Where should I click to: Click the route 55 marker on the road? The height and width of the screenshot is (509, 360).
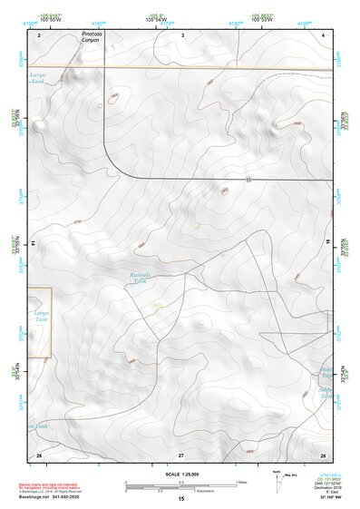point(248,178)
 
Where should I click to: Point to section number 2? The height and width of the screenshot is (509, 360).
point(40,34)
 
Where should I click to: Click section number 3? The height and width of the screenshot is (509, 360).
point(182,34)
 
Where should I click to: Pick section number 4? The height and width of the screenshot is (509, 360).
point(323,34)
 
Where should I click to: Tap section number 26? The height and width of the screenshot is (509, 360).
point(39,453)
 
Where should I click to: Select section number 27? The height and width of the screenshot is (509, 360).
point(181,453)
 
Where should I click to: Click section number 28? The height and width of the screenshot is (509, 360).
point(323,453)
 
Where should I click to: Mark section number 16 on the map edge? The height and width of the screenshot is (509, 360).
point(328,243)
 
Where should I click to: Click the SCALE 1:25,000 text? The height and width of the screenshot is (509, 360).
point(181,473)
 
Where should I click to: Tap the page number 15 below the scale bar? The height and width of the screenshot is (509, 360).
point(181,498)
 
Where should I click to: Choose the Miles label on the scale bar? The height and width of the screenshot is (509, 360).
point(239,482)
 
